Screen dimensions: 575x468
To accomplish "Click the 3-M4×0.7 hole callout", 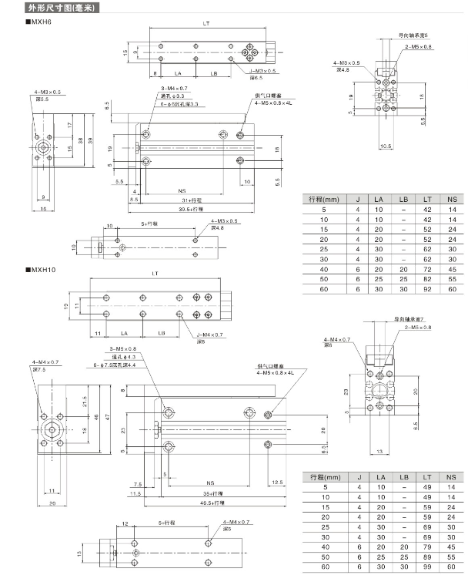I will [175, 90].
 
